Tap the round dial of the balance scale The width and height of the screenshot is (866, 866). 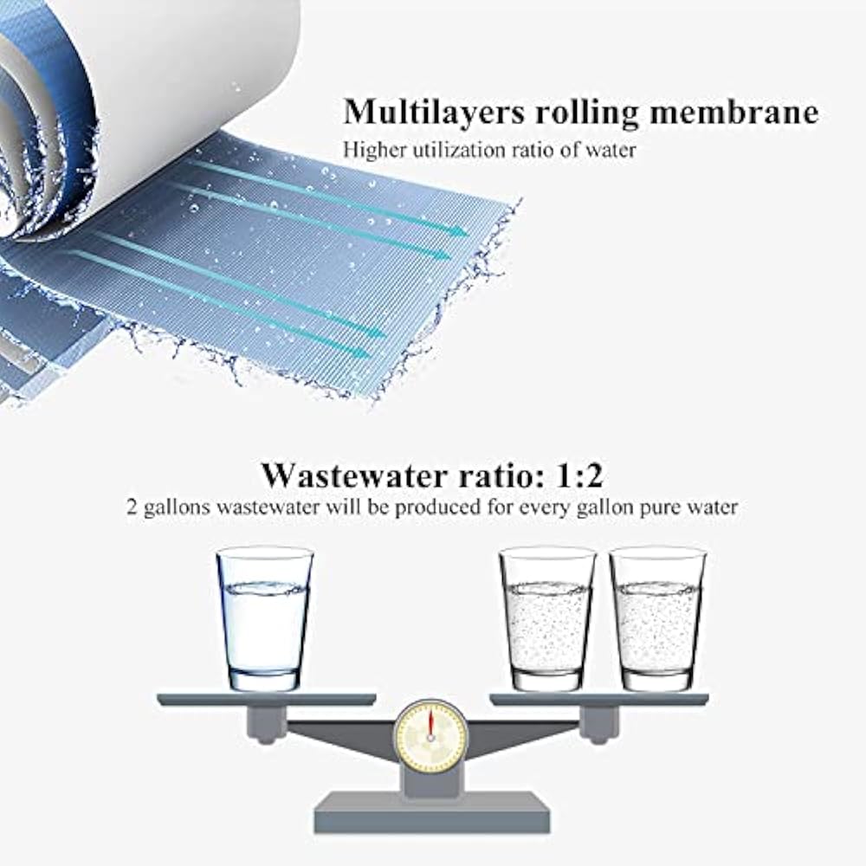pyautogui.click(x=430, y=737)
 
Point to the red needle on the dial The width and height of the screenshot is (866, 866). pyautogui.click(x=430, y=724)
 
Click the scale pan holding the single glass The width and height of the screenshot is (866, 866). pyautogui.click(x=266, y=699)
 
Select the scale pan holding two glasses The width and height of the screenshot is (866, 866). pyautogui.click(x=598, y=699)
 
